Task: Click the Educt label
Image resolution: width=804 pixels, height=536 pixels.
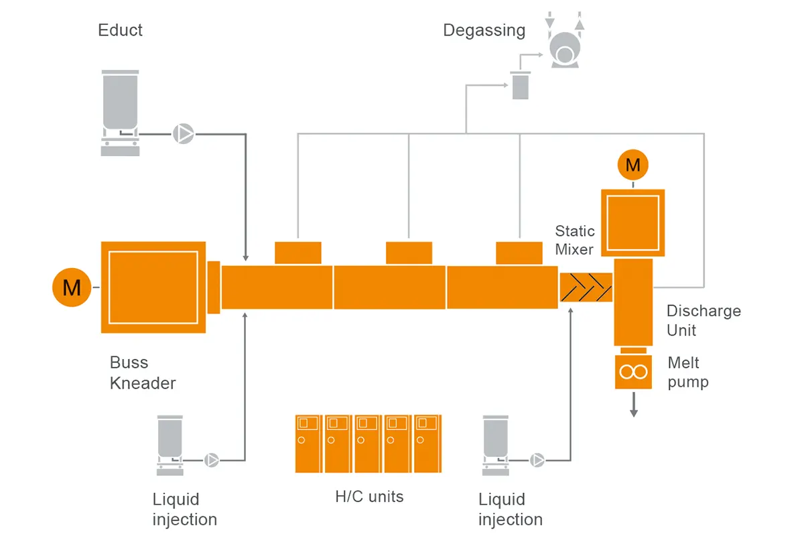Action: pos(120,30)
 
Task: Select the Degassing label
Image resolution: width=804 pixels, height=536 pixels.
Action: pos(484,31)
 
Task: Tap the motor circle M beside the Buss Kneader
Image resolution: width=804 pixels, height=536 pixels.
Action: pos(72,287)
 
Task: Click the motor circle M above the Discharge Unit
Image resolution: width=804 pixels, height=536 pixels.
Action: pos(632,164)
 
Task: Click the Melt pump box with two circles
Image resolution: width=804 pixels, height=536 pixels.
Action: pos(633,372)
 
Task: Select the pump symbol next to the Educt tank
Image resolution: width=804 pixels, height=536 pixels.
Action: pos(183,134)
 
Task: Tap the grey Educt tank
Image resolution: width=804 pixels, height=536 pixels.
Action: pos(120,100)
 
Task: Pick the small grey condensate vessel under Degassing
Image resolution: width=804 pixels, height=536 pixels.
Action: pos(520,86)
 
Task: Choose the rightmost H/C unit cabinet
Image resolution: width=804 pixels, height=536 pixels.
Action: pos(427,444)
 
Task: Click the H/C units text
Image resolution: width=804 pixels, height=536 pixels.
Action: pos(369,496)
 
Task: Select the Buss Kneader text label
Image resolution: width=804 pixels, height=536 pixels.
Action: pos(142,373)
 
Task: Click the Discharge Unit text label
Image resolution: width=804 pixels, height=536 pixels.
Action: pos(703,320)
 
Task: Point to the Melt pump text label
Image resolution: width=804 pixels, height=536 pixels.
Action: pos(687,373)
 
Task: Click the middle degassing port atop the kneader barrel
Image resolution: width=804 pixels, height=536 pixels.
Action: pos(409,253)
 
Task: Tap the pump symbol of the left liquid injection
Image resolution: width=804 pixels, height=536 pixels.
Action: pos(211,460)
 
